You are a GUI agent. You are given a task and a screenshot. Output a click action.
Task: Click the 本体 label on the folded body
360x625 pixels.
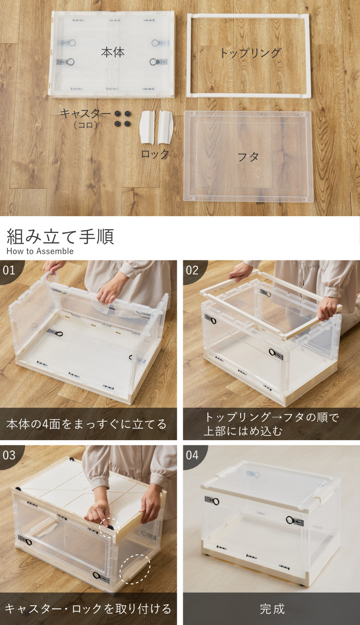(x=113, y=52)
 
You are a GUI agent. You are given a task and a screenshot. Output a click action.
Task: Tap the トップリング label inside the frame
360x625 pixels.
(x=250, y=53)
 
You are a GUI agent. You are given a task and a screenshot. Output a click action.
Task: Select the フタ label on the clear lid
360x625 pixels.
(x=248, y=157)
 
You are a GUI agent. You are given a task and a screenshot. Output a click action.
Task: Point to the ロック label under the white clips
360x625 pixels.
(x=155, y=154)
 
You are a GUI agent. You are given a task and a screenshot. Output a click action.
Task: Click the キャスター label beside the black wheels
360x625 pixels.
(x=85, y=114)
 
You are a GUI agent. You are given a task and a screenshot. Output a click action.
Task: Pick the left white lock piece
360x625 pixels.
(x=147, y=127)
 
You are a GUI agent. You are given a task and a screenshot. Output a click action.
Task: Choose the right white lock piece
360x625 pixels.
(x=166, y=127)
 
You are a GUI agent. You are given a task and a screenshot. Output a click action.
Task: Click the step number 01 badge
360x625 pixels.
(x=9, y=270)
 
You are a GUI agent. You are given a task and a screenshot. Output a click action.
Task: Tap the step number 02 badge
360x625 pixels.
(x=192, y=270)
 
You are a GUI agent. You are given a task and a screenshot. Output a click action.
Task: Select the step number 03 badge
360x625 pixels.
(x=9, y=455)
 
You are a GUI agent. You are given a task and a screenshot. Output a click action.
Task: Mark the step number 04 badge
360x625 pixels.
(x=192, y=455)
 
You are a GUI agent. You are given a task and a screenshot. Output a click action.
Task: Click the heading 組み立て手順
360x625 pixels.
(x=60, y=236)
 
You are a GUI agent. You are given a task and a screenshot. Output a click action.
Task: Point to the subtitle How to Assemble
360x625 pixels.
(x=40, y=251)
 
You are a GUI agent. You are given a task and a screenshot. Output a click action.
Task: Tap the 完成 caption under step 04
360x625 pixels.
(x=272, y=608)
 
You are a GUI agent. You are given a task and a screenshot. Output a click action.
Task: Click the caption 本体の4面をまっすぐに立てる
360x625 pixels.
(x=86, y=424)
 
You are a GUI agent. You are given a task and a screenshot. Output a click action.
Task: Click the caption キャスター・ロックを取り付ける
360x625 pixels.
(x=88, y=608)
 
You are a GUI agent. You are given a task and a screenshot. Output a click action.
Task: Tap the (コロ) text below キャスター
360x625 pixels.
(x=85, y=124)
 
